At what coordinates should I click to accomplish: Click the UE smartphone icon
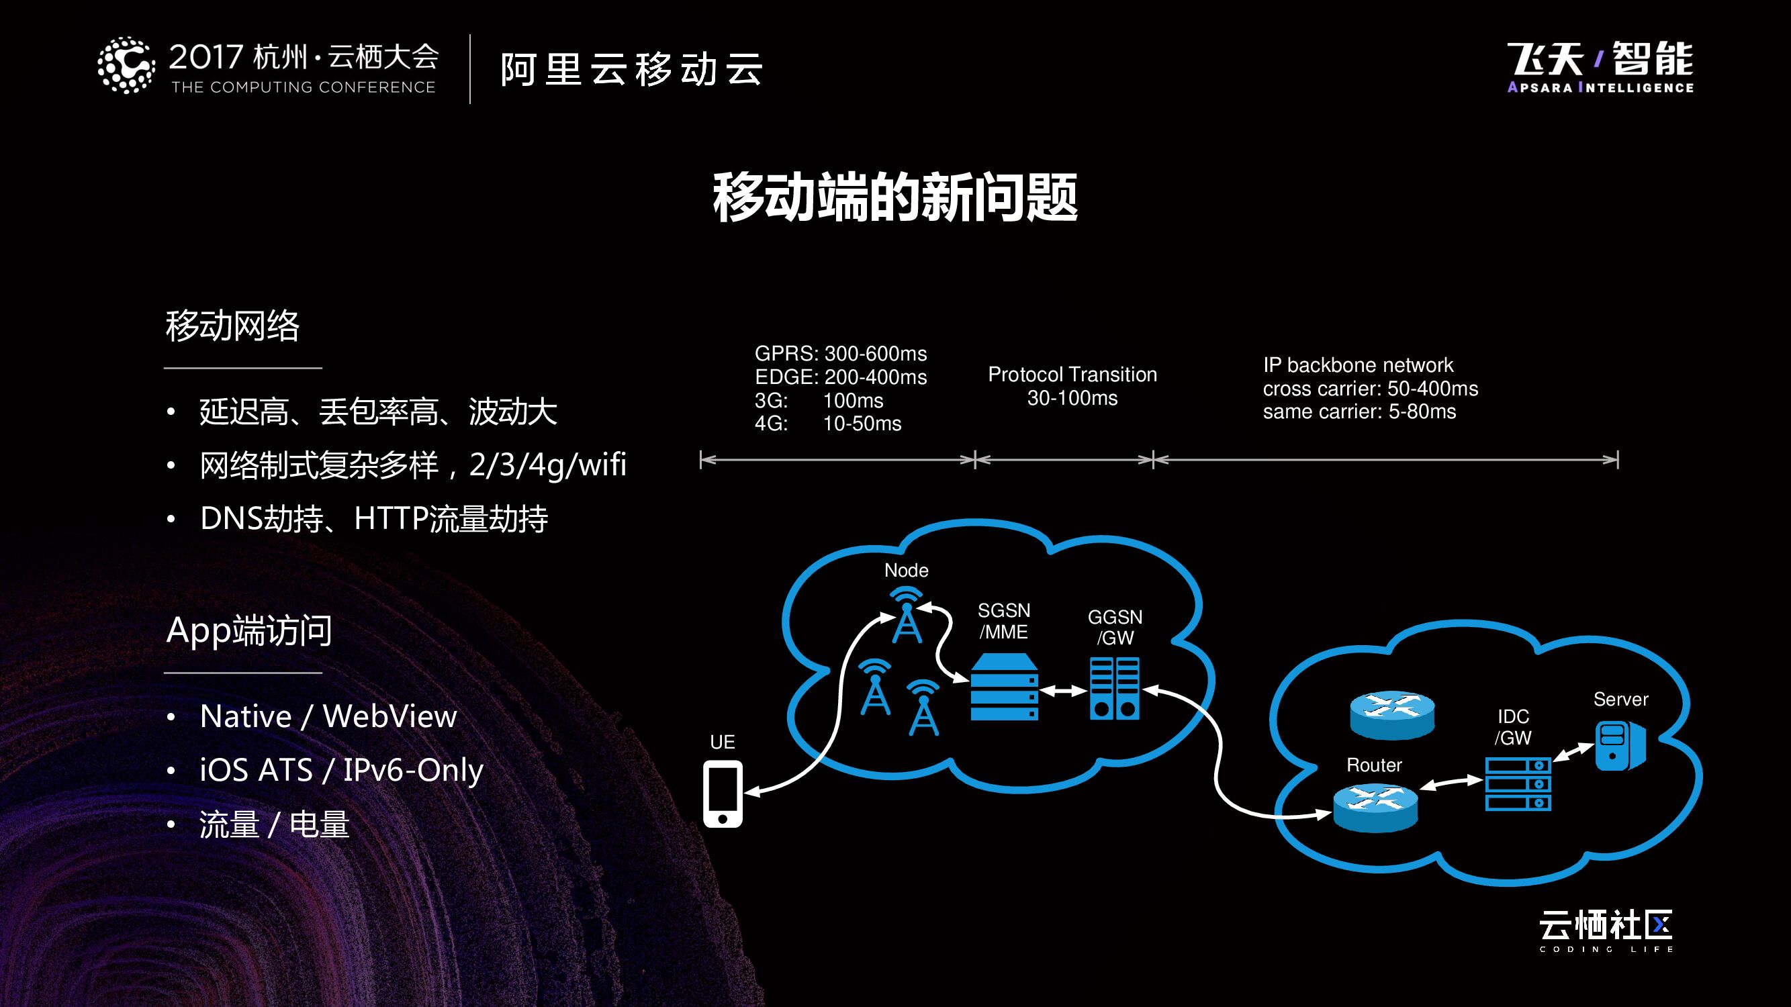(x=723, y=794)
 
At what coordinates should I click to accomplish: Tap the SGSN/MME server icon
(x=1003, y=687)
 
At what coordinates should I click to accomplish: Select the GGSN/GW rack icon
(x=1114, y=688)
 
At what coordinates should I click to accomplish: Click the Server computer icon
(x=1620, y=745)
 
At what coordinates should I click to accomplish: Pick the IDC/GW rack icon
(x=1518, y=784)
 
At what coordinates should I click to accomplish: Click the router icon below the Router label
(x=1375, y=808)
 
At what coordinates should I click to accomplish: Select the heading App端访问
(x=249, y=630)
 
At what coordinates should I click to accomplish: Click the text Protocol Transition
(x=1072, y=375)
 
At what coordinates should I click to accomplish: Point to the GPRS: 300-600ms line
(x=841, y=354)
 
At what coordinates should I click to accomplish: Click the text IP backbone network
(x=1357, y=365)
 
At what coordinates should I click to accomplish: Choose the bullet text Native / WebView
(x=328, y=716)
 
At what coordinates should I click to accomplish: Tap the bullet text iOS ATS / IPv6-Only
(x=340, y=770)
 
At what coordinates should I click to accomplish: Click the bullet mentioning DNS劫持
(x=374, y=518)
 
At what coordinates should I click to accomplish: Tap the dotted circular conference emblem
(x=126, y=65)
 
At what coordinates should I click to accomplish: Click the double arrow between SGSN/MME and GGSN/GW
(x=1064, y=691)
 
